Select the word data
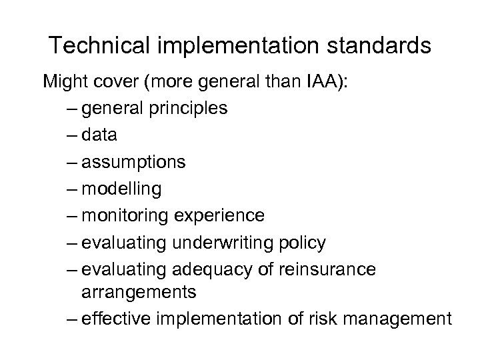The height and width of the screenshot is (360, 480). click(x=99, y=135)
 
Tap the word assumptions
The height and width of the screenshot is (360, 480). click(x=134, y=163)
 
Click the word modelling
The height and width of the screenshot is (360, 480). click(x=121, y=189)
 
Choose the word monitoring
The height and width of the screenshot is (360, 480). click(x=125, y=217)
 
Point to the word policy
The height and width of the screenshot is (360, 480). click(x=303, y=243)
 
